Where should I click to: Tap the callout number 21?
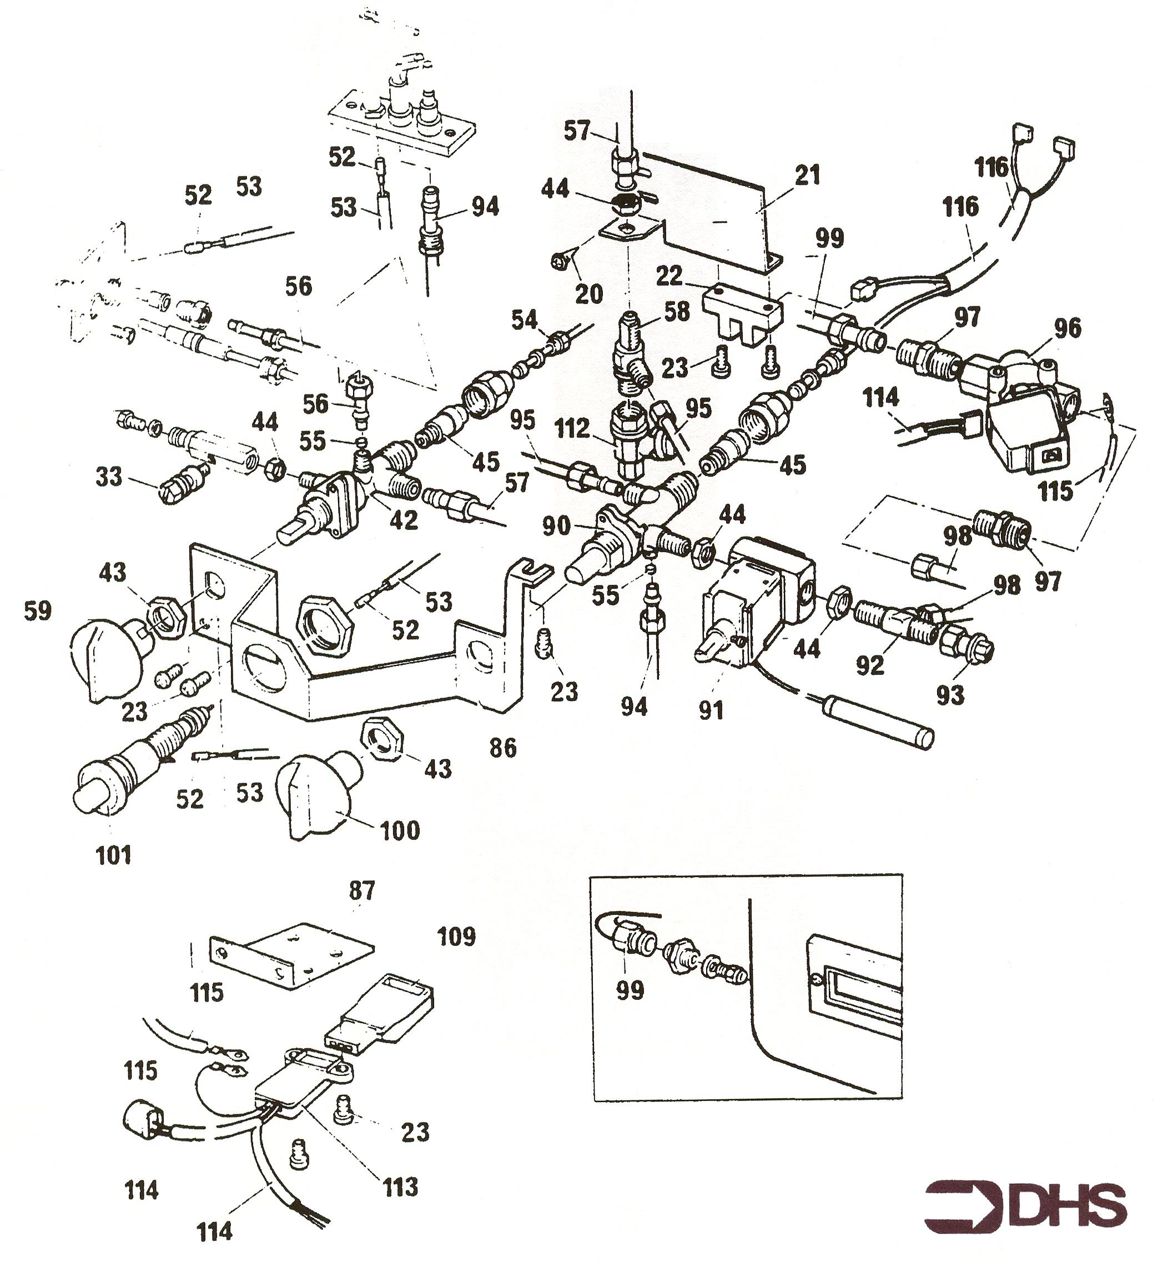(807, 176)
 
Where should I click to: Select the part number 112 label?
(573, 429)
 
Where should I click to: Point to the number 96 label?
(1067, 329)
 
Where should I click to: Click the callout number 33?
(108, 476)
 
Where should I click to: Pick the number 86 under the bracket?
(503, 748)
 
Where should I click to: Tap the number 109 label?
(456, 937)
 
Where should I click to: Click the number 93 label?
(950, 695)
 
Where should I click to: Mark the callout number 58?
(677, 312)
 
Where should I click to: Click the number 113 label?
(400, 1187)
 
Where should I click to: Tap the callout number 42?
(404, 520)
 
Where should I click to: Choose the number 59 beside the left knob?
(37, 611)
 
